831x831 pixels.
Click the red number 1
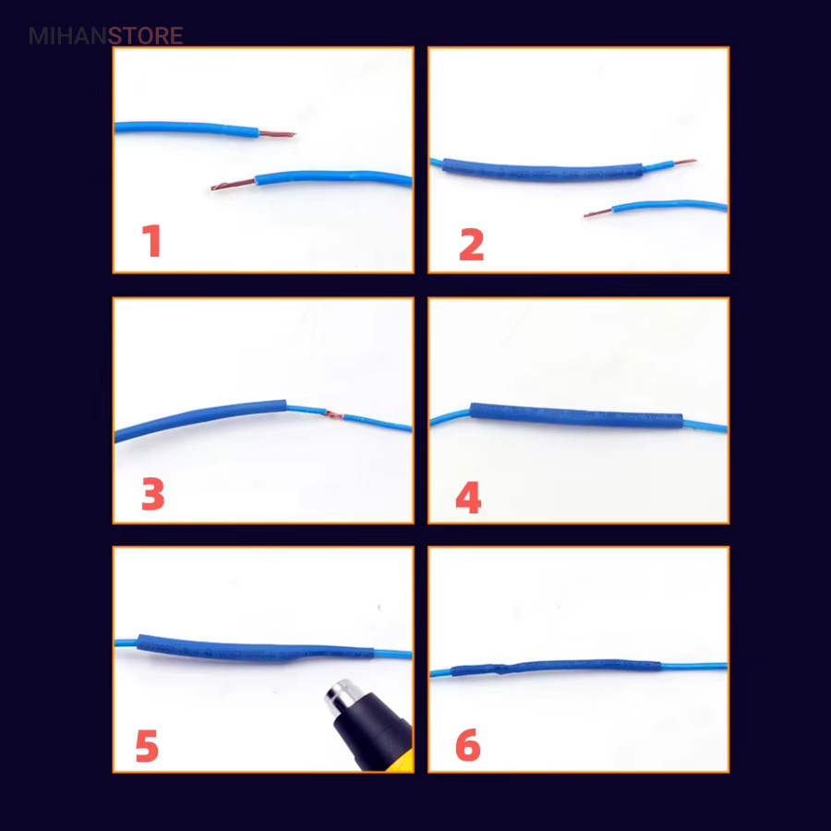(152, 241)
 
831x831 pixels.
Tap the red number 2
(471, 245)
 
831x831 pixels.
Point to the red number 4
(468, 497)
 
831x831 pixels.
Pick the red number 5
(148, 745)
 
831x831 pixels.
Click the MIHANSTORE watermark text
(106, 36)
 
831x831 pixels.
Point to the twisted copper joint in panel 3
(334, 415)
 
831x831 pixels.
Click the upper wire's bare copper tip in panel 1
(277, 134)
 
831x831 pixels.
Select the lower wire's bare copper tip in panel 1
(234, 185)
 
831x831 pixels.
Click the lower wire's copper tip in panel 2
(598, 212)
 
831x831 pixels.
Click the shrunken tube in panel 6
(557, 667)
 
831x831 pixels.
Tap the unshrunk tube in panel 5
(256, 647)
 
